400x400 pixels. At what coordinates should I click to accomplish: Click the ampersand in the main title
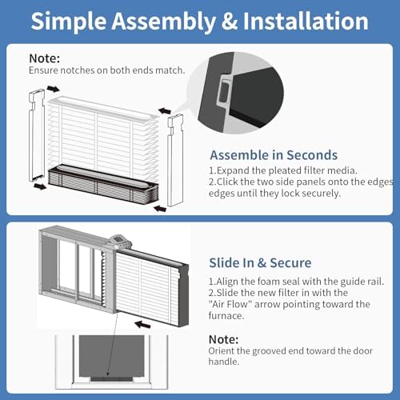[x=230, y=21]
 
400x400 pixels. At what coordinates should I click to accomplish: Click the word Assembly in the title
[x=164, y=22]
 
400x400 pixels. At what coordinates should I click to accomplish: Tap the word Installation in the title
[x=306, y=21]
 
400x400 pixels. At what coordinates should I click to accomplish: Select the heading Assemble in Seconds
[x=274, y=155]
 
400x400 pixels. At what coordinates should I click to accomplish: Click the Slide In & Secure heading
[x=260, y=262]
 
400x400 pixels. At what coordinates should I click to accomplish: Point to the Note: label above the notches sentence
[x=45, y=58]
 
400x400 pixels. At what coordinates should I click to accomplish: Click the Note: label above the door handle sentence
[x=223, y=339]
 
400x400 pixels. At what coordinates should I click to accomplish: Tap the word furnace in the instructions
[x=226, y=316]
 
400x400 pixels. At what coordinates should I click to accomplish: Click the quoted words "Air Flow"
[x=230, y=304]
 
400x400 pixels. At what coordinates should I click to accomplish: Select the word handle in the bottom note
[x=223, y=362]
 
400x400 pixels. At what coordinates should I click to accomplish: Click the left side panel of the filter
[x=37, y=135]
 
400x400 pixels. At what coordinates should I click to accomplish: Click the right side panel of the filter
[x=175, y=160]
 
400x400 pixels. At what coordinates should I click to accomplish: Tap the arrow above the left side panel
[x=53, y=89]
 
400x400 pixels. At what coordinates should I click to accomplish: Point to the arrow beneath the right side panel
[x=160, y=208]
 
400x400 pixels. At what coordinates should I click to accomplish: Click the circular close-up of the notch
[x=235, y=93]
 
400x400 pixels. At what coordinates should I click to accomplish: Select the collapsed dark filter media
[x=103, y=183]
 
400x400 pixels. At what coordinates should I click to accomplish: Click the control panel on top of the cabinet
[x=121, y=242]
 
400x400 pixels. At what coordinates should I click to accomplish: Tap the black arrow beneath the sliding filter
[x=142, y=325]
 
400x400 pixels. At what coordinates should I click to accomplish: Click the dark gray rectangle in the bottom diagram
[x=111, y=356]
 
